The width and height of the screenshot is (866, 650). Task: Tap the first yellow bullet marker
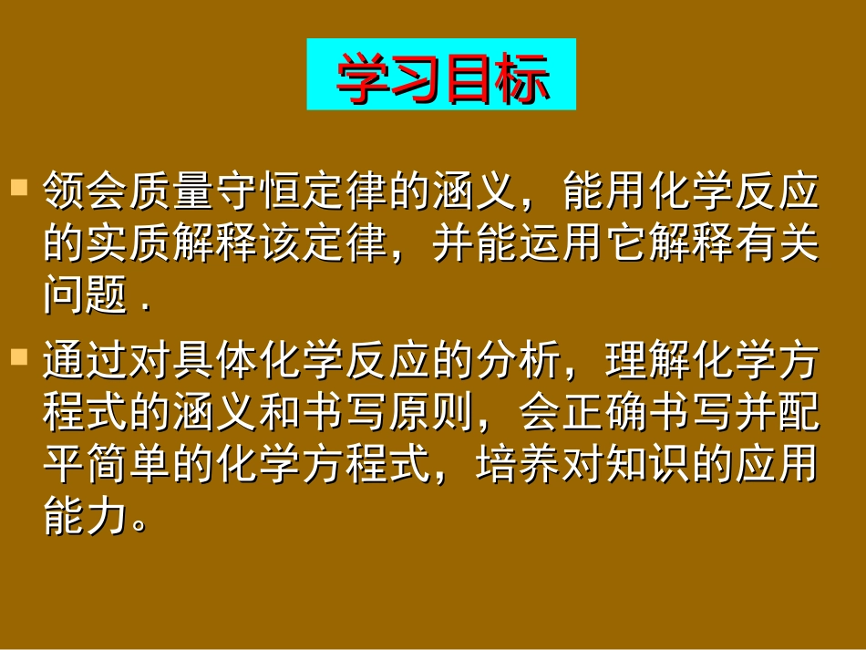[x=18, y=190]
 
